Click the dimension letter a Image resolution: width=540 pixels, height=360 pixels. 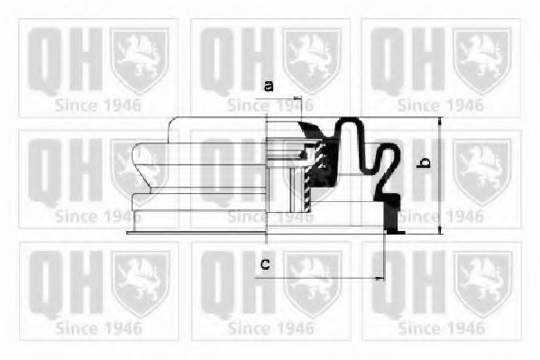pos(268,87)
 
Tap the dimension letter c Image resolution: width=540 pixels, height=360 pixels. pos(265,263)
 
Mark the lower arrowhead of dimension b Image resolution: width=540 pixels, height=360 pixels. pos(438,227)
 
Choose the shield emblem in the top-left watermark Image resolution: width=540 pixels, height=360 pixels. pos(140,60)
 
